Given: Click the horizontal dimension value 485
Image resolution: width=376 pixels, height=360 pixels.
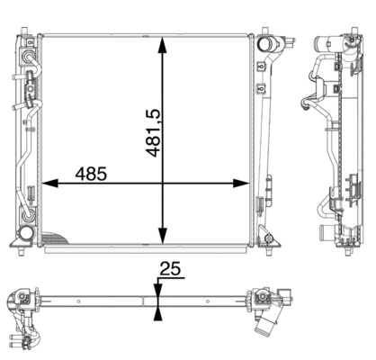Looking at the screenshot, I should click(92, 173).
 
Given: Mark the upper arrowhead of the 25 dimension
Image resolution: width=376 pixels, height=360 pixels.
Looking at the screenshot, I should click(159, 285).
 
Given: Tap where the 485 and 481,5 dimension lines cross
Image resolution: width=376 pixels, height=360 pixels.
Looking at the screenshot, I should click(163, 184).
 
